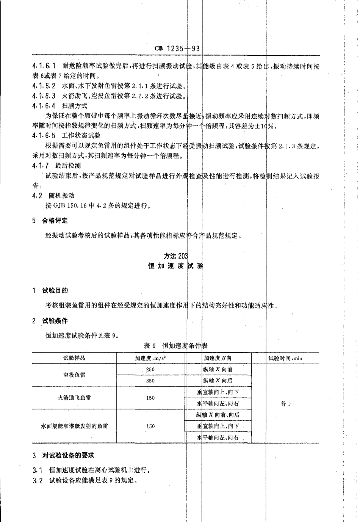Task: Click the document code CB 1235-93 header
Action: coord(177,49)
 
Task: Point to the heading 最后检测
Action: coord(68,166)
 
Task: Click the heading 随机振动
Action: coord(61,196)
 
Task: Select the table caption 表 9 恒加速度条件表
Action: coord(176,345)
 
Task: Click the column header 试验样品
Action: coord(74,358)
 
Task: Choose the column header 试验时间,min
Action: coord(285,358)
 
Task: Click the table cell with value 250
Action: coord(150,369)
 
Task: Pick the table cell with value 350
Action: coord(150,381)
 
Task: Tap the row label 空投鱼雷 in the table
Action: coord(74,375)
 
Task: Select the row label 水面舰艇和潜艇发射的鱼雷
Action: coord(74,426)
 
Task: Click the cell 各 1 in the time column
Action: coord(285,404)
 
